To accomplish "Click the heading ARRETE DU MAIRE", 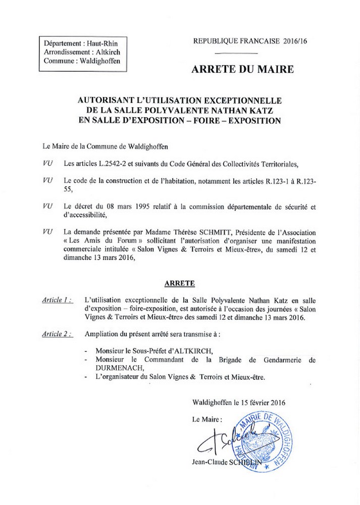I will tap(242, 69).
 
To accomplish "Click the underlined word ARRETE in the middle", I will tap(180, 284).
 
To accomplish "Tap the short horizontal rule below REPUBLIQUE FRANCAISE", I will tap(236, 54).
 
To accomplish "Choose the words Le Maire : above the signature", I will tap(207, 420).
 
